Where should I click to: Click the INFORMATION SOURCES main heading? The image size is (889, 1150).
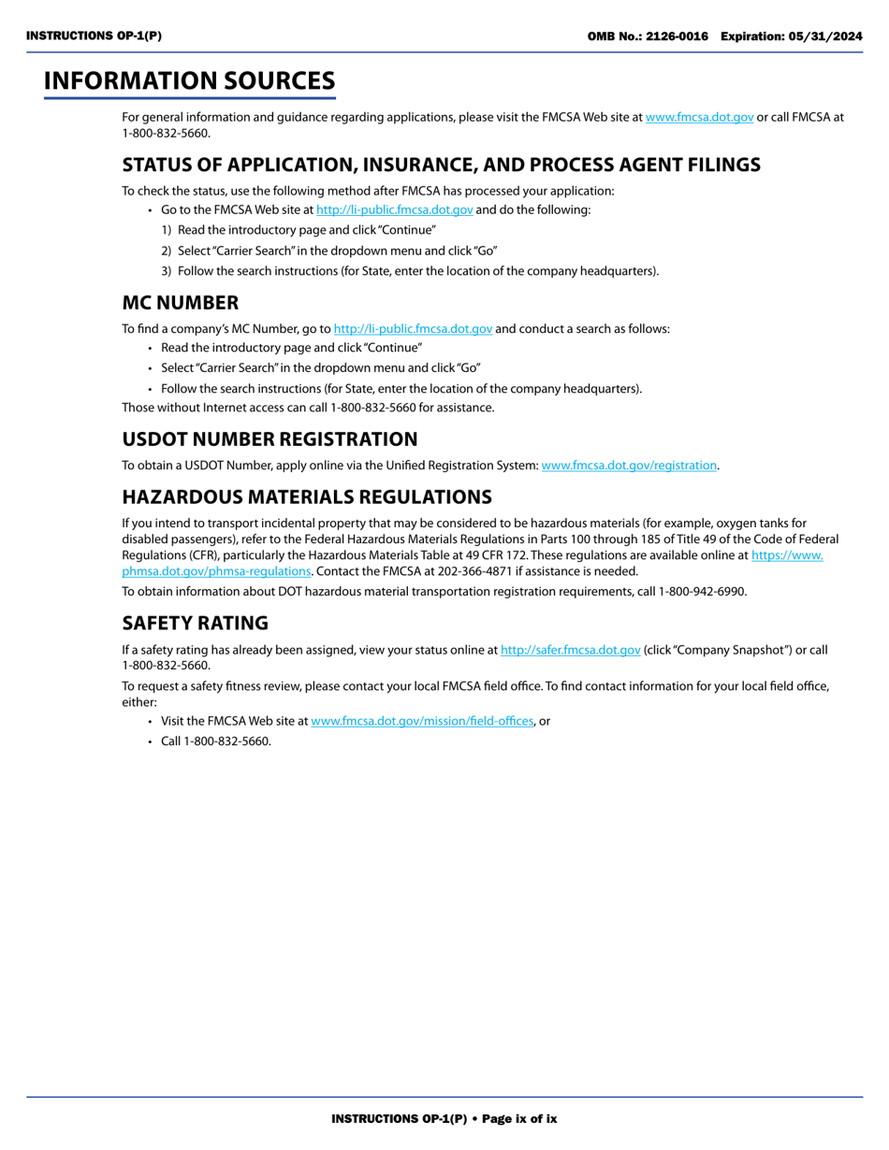(189, 81)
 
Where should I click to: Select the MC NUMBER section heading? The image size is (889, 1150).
(180, 303)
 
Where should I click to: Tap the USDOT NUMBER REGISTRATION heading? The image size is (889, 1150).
(270, 439)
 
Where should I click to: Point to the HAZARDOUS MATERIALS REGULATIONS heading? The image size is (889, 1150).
(307, 496)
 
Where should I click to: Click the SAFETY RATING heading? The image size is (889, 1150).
(195, 624)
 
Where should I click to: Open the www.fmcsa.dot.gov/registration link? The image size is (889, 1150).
(629, 465)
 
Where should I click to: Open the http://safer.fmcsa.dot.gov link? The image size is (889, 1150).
(571, 650)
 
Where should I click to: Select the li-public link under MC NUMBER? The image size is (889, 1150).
(413, 328)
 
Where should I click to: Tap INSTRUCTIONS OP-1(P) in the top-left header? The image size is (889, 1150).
(94, 36)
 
